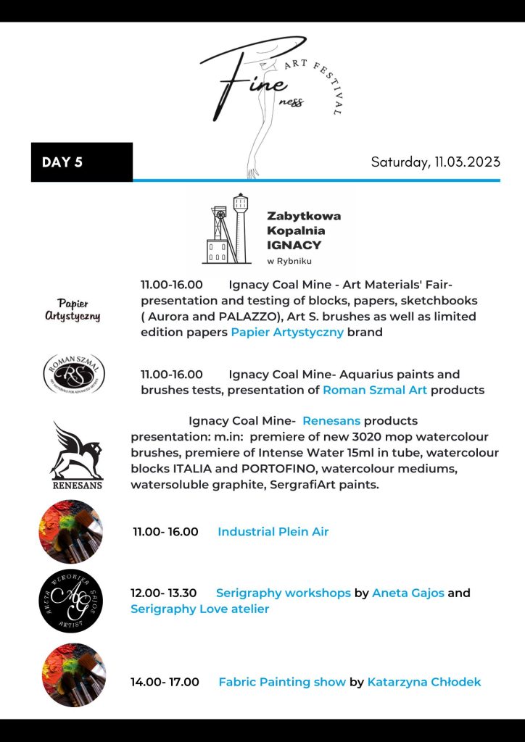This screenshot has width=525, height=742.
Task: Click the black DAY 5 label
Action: point(81,162)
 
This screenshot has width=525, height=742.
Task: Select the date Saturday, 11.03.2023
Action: point(435,162)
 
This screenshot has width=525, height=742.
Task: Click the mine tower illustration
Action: point(227,228)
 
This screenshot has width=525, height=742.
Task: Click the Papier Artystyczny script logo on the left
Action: point(73,309)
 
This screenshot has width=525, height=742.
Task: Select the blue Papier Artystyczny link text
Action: point(287,333)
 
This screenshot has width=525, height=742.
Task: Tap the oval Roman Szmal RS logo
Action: point(73,373)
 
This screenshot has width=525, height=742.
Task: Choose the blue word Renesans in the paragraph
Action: point(331,421)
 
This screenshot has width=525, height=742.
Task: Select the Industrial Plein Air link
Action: point(273,532)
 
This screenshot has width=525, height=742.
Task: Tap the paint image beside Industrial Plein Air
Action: point(70,532)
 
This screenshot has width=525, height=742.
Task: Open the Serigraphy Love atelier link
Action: point(199,609)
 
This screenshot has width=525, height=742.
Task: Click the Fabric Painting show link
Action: point(282,682)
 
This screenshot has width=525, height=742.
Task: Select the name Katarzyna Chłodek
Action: point(424,682)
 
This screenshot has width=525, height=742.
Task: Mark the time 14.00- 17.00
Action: point(165,682)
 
